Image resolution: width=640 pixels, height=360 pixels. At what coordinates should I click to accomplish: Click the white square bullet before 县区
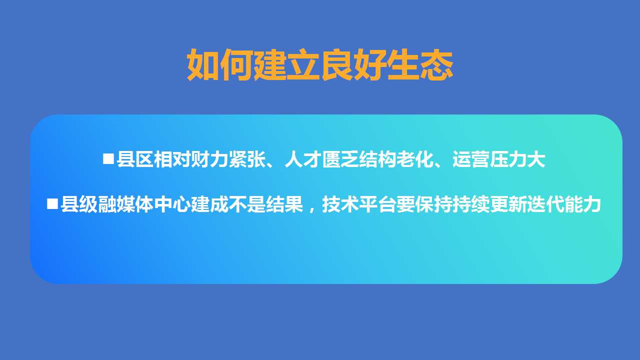pyautogui.click(x=108, y=158)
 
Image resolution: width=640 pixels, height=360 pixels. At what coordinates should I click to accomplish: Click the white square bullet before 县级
pyautogui.click(x=52, y=204)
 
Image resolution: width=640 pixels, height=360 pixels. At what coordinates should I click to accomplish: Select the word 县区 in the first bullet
pyautogui.click(x=135, y=159)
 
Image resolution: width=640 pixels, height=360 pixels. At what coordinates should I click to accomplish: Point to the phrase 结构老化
pyautogui.click(x=396, y=159)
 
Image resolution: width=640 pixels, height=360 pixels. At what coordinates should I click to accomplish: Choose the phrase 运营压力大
pyautogui.click(x=499, y=159)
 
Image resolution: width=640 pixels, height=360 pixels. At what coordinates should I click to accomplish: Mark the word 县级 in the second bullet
pyautogui.click(x=79, y=204)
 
